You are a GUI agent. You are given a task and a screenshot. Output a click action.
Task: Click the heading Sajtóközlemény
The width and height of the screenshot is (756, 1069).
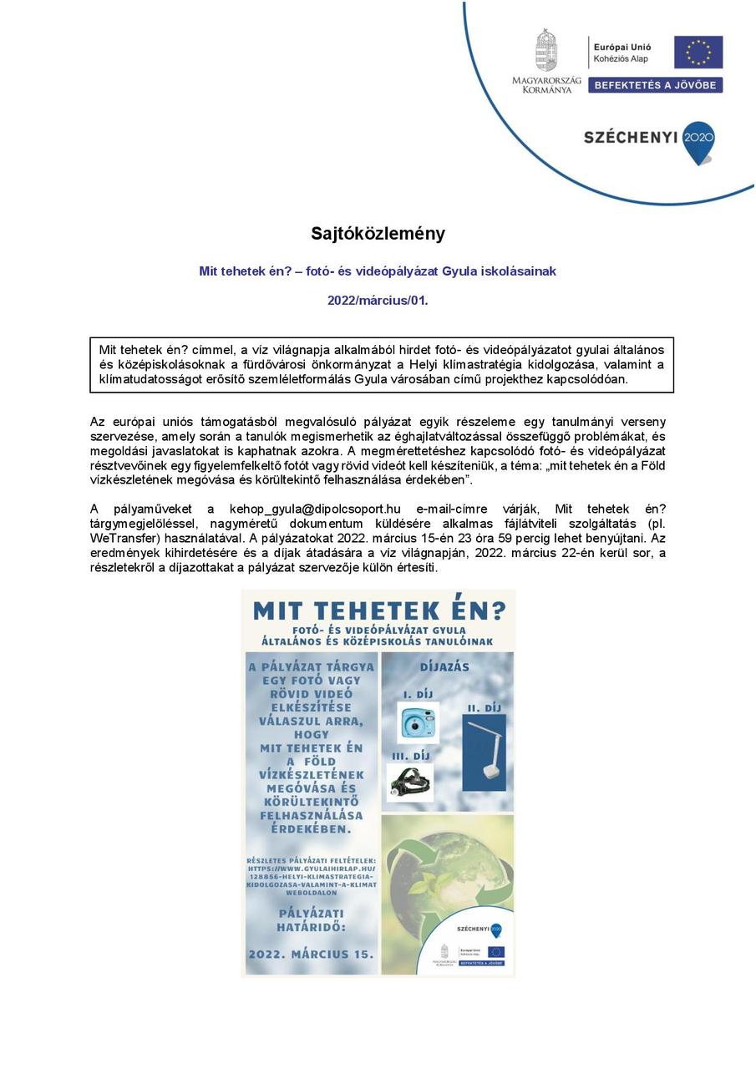point(378,233)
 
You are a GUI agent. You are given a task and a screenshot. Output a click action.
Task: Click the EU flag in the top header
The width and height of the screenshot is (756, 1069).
point(698,52)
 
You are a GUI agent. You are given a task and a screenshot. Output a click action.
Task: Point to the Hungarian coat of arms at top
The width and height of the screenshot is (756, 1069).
point(546,49)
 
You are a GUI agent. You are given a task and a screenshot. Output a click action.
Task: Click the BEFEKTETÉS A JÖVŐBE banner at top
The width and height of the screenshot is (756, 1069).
point(655,84)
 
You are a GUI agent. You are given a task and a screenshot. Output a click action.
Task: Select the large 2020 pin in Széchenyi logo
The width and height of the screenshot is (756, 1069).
point(698,139)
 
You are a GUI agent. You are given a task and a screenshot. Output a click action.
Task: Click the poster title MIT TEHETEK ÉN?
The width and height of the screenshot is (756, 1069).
point(378,610)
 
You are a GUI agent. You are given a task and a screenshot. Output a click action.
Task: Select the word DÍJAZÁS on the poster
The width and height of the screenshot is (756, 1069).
point(444,667)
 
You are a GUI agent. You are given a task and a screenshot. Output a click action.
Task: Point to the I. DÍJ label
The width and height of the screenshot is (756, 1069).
point(419,694)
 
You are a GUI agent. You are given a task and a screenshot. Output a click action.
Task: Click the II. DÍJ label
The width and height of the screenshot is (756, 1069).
point(484,707)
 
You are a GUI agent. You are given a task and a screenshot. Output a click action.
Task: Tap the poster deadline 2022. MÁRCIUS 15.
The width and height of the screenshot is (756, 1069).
point(311,953)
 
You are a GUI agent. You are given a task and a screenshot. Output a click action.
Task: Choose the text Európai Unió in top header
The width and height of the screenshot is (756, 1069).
point(622,47)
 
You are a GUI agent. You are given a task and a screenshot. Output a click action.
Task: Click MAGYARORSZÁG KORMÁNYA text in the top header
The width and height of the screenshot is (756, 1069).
point(546,84)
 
